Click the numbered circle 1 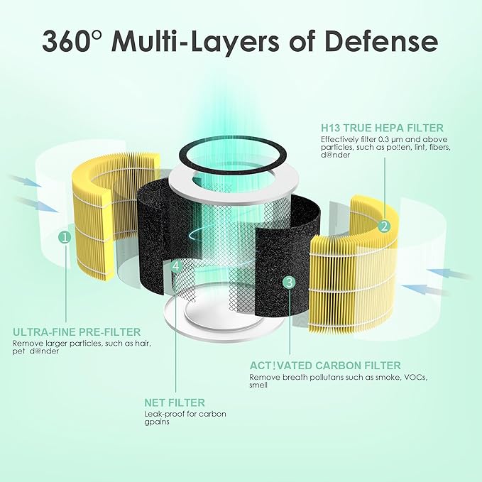point(65,237)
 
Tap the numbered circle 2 point(384,226)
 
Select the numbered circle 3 point(288,282)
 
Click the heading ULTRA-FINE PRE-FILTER point(77,332)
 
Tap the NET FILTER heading point(175,402)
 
